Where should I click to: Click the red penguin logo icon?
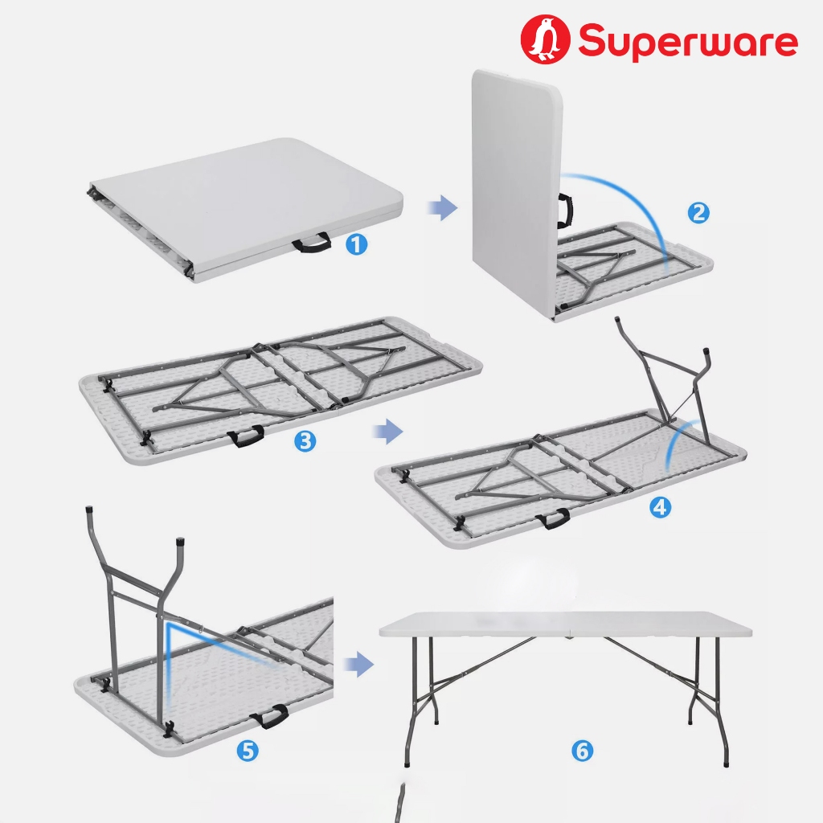[x=545, y=39]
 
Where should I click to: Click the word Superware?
[x=688, y=42]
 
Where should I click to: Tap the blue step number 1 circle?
[x=356, y=244]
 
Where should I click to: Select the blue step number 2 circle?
[x=698, y=212]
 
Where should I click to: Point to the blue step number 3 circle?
[x=305, y=441]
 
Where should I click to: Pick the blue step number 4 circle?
[x=661, y=507]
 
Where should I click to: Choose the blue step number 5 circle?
[x=248, y=751]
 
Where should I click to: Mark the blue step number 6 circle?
[x=583, y=751]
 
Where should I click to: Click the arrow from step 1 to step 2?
[x=443, y=207]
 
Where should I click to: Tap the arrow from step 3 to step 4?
[x=388, y=432]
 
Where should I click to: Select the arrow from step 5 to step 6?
[x=359, y=665]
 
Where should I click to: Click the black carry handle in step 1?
[x=312, y=243]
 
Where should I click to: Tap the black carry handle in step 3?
[x=246, y=436]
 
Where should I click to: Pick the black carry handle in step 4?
[x=553, y=518]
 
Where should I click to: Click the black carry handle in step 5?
[x=269, y=717]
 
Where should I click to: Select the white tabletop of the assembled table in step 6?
[x=566, y=624]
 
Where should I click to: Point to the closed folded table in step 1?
[x=246, y=210]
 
